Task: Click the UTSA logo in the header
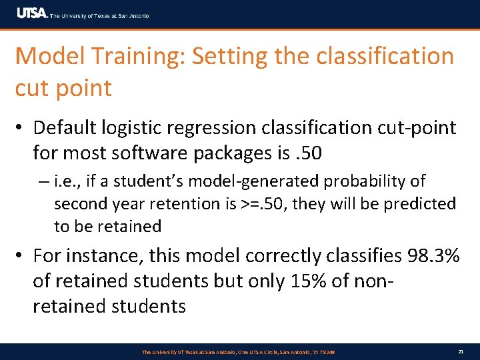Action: pyautogui.click(x=31, y=13)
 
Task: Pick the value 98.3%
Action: pyautogui.click(x=426, y=255)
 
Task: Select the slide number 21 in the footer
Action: pyautogui.click(x=461, y=351)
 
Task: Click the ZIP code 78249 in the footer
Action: pyautogui.click(x=326, y=351)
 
